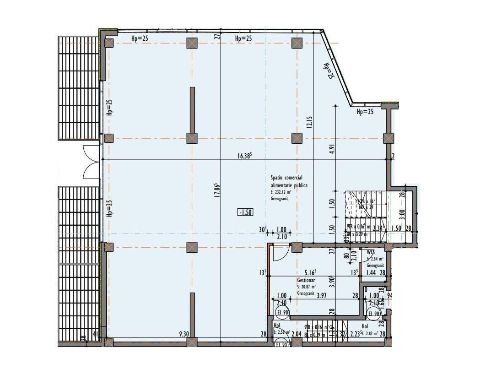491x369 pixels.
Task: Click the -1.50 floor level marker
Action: pos(245,212)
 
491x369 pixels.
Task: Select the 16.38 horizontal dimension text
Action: pos(245,156)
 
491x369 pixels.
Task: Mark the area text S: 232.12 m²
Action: pos(281,192)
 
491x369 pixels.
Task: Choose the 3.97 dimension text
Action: pos(323,296)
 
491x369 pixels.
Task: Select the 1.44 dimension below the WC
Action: pos(372,273)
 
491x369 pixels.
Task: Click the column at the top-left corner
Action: pos(109,43)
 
